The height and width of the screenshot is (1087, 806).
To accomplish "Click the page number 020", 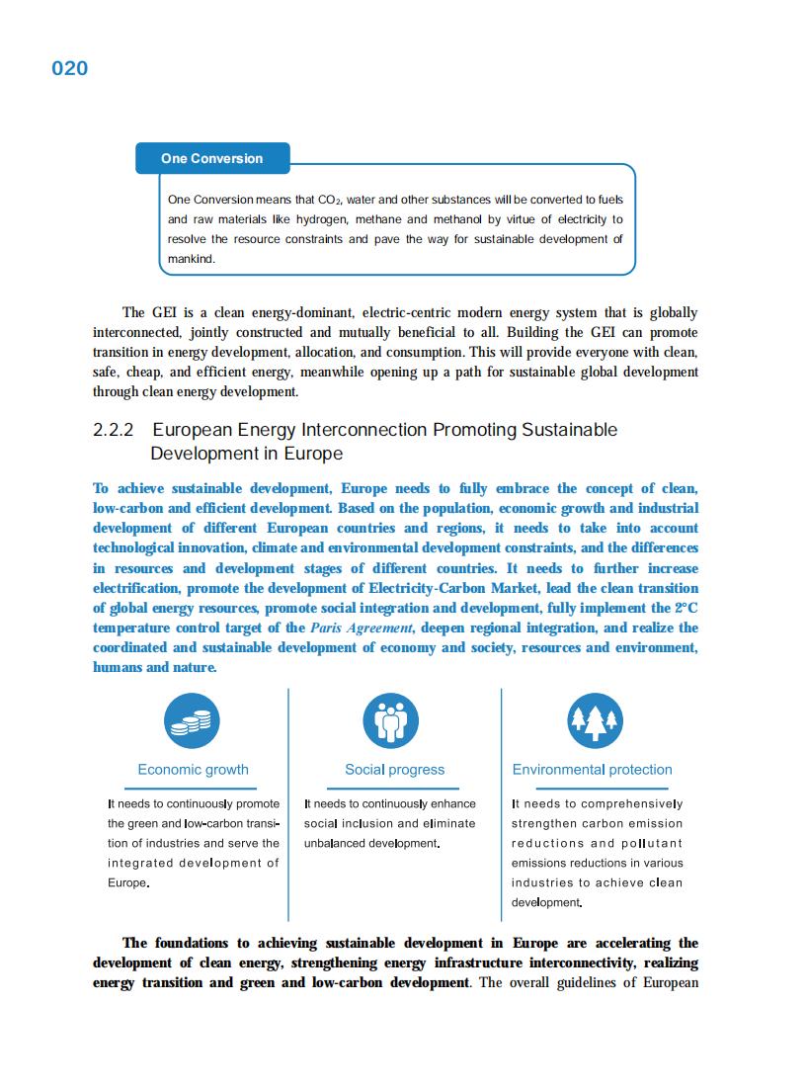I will (x=69, y=68).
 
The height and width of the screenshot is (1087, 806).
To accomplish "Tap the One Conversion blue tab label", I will (x=212, y=158).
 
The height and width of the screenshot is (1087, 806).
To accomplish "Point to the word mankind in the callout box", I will (x=192, y=259).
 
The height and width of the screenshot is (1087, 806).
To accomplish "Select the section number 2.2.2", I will (x=114, y=430).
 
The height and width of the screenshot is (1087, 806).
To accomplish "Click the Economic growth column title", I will (x=193, y=770).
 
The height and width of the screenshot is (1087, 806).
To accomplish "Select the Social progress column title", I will (x=394, y=770).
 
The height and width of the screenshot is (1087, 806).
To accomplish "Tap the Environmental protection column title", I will (x=592, y=770).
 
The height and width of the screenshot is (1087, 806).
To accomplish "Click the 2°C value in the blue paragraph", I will (x=685, y=608).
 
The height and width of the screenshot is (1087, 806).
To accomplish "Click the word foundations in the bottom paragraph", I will (x=198, y=943).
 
